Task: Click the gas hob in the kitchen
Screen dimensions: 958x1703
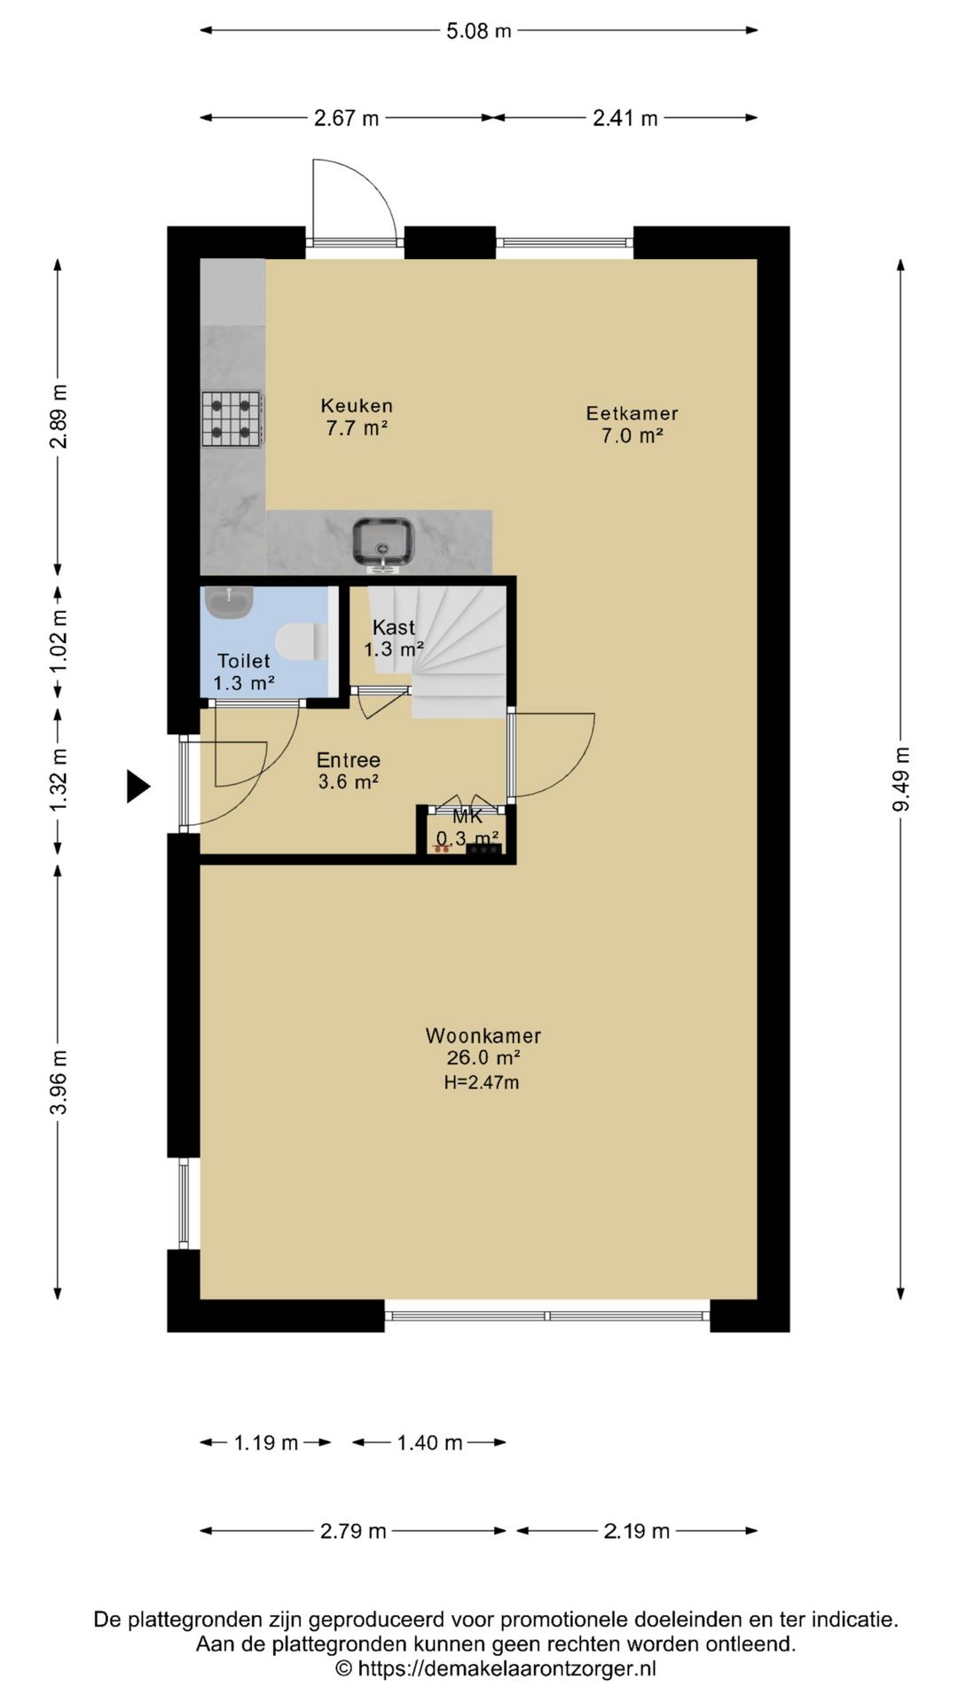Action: pos(232,419)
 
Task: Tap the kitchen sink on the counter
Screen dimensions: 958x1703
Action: pos(383,542)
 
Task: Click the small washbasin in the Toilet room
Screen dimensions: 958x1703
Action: pos(229,601)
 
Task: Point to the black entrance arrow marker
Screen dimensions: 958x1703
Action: pos(137,786)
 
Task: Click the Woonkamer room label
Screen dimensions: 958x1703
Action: pos(483,1035)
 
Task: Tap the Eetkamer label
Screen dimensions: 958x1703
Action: pos(632,413)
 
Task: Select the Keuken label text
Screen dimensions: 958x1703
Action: pos(357,405)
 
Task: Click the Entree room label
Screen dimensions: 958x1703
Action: pos(349,760)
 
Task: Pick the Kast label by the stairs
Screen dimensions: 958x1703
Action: pos(394,627)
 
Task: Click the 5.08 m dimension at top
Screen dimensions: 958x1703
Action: pos(479,31)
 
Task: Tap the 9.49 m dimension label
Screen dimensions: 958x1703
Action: pos(901,779)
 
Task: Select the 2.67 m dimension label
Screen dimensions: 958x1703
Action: pos(346,118)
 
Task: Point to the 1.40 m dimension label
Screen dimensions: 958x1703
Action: pos(429,1443)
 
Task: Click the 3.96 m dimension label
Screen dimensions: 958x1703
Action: pos(59,1082)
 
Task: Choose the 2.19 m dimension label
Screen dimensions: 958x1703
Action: pos(637,1532)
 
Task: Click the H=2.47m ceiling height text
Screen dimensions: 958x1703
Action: pos(482,1082)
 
